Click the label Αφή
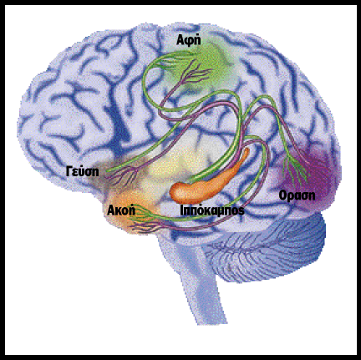click(x=189, y=40)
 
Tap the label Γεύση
click(x=83, y=170)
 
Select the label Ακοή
click(x=121, y=210)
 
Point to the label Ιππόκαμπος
click(x=212, y=210)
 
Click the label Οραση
click(x=297, y=195)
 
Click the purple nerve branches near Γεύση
click(x=124, y=175)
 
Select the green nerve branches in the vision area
click(x=296, y=168)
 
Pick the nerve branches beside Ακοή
click(x=145, y=220)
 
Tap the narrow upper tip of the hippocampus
click(x=247, y=151)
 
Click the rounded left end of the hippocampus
click(x=175, y=193)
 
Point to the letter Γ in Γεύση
click(x=69, y=170)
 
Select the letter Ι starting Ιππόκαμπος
click(x=182, y=210)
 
